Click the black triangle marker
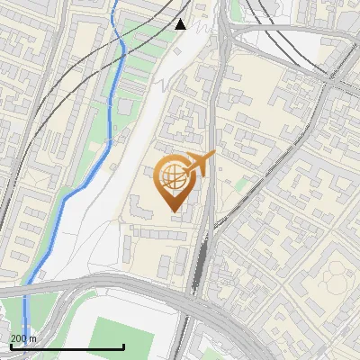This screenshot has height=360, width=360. (x=181, y=24)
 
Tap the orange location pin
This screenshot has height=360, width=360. (x=176, y=181)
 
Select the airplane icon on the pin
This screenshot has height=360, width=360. (x=199, y=164)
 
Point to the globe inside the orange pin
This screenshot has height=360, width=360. (x=172, y=177)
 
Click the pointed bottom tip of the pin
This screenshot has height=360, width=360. (x=173, y=211)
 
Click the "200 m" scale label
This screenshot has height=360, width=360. (x=23, y=338)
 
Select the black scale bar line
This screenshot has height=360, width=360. (x=67, y=347)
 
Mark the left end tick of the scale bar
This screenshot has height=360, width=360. (x=11, y=346)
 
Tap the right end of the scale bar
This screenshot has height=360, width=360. (x=123, y=346)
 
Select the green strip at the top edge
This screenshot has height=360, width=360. (x=236, y=9)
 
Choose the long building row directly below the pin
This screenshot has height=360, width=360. (x=162, y=233)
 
